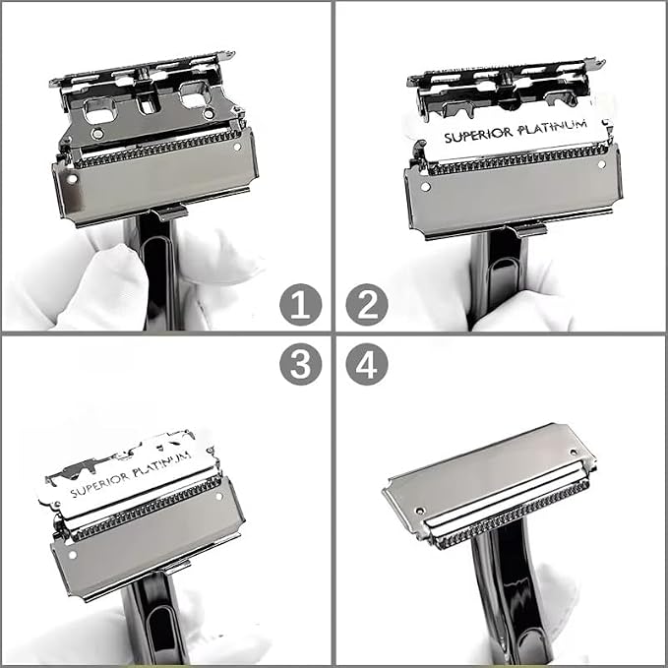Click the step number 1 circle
click(301, 305)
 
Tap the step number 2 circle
click(367, 305)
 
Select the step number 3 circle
click(301, 364)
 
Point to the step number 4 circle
click(367, 364)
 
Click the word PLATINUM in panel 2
click(553, 127)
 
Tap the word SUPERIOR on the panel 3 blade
click(100, 484)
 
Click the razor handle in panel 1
click(156, 273)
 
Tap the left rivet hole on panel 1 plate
click(73, 179)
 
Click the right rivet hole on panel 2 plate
click(601, 164)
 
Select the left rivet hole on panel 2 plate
click(425, 187)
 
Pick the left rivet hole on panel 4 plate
click(420, 511)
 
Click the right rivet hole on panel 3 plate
click(219, 496)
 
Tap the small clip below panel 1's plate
click(169, 213)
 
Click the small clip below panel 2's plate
click(528, 230)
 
